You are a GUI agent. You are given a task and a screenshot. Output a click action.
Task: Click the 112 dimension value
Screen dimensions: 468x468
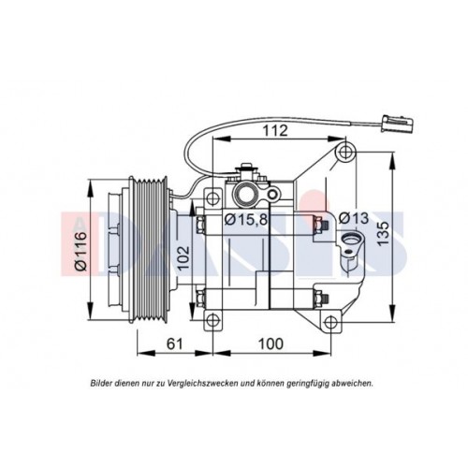[x=273, y=132]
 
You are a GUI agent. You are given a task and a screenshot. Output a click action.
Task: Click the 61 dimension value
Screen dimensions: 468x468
[x=173, y=344]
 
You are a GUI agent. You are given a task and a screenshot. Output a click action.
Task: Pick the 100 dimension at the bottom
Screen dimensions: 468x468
[x=270, y=344]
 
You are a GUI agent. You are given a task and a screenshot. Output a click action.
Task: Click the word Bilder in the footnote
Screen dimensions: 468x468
[x=103, y=383]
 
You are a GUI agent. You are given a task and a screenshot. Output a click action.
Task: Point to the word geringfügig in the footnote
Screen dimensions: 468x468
[x=302, y=383]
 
